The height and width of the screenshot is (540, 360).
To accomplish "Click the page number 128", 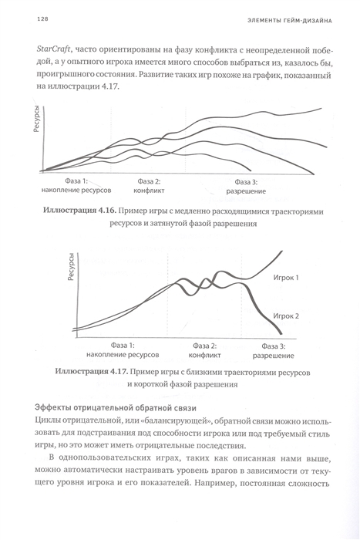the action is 42,19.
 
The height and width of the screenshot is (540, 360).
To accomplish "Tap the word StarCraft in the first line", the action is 53,49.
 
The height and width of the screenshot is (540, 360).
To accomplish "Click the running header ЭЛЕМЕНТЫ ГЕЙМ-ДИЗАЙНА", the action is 289,21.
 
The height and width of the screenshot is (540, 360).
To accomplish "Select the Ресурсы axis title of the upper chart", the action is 37,119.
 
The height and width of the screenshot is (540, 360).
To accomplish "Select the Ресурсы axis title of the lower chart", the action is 71,267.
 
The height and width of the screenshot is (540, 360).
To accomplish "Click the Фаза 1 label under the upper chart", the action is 76,181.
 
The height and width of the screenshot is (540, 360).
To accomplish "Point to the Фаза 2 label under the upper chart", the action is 149,181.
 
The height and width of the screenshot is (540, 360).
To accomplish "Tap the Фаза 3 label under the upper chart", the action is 246,182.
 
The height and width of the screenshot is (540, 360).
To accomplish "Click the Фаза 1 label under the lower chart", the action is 123,346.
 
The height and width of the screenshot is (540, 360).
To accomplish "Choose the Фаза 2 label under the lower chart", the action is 204,346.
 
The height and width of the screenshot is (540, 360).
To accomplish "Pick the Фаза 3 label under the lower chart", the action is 274,346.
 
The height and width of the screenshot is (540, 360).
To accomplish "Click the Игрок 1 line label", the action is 286,278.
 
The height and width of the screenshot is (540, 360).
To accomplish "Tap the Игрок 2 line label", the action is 286,316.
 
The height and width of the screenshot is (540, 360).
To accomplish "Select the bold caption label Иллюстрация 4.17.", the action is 92,372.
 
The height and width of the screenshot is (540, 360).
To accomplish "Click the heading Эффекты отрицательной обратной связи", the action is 116,408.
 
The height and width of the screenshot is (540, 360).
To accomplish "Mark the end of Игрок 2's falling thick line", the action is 281,333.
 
